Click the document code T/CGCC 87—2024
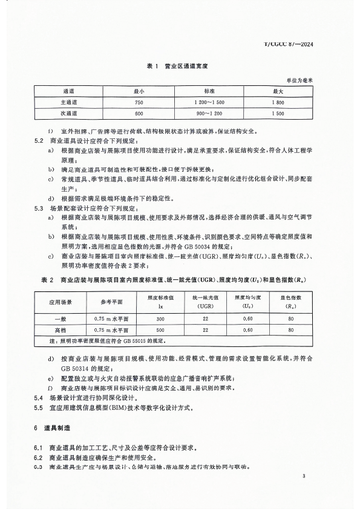[x=301, y=44]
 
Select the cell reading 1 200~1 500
[x=209, y=102]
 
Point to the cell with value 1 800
[x=278, y=102]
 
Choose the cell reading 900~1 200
[x=209, y=112]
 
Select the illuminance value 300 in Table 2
[x=160, y=319]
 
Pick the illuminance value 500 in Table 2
[x=160, y=330]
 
